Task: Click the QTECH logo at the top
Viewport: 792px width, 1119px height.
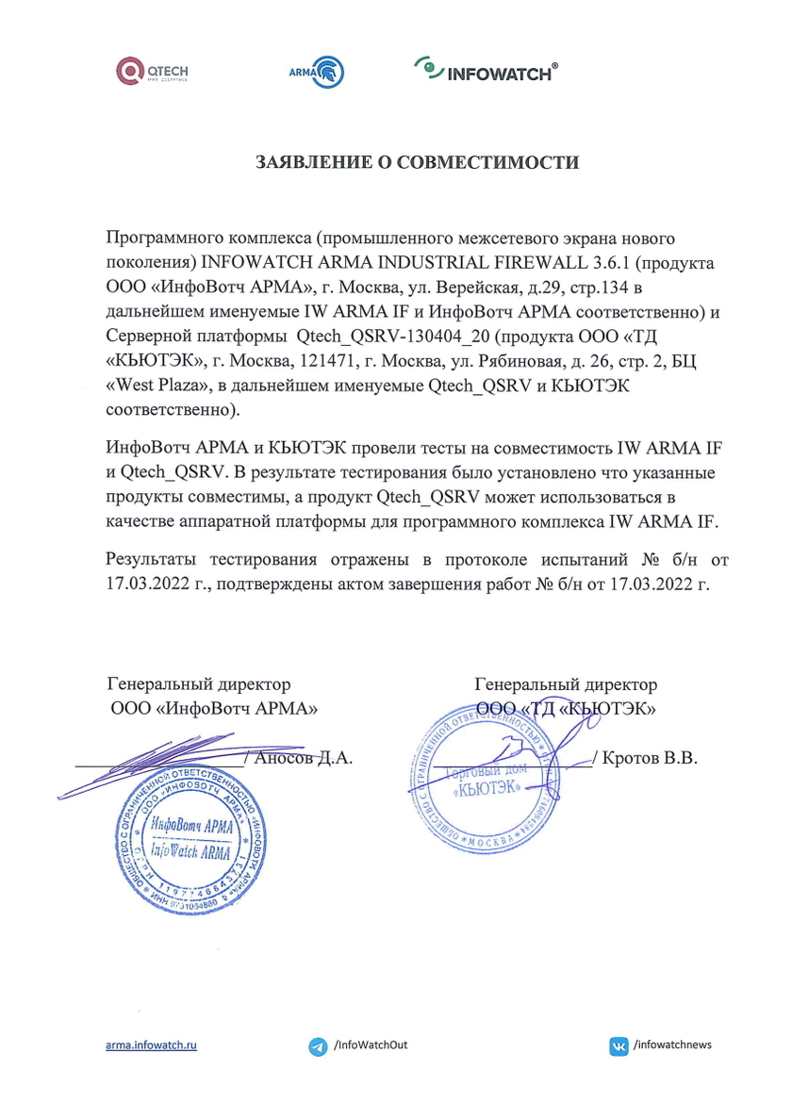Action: pos(152,71)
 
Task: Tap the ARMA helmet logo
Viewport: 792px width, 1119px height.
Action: pos(316,72)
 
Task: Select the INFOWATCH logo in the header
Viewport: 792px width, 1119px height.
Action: pos(485,70)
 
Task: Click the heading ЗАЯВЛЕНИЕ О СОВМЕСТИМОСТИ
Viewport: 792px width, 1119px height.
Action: pos(418,162)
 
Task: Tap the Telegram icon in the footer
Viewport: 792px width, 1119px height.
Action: pos(318,1046)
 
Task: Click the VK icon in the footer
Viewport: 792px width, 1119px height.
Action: pos(619,1045)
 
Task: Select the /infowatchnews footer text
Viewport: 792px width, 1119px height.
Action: pos(673,1045)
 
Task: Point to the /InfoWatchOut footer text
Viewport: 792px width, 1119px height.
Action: pos(371,1045)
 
